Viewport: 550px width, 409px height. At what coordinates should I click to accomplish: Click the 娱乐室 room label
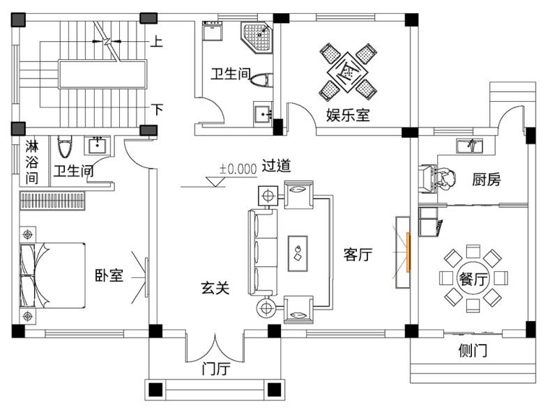(x=348, y=115)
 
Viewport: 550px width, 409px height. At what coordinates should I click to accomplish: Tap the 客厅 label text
(x=358, y=254)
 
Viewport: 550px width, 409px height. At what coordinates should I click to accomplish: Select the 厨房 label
(x=486, y=180)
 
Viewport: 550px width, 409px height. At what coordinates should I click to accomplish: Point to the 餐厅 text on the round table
(x=473, y=279)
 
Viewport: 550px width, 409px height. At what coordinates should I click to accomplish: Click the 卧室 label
(x=109, y=275)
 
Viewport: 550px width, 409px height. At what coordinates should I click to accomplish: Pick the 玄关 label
(x=215, y=288)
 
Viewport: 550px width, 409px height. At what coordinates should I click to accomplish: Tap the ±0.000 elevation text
(x=238, y=169)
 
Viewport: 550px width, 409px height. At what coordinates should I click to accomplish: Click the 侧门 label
(x=473, y=350)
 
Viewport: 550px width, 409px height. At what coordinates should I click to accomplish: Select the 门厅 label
(x=215, y=369)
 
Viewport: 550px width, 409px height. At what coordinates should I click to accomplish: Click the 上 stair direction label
(x=156, y=41)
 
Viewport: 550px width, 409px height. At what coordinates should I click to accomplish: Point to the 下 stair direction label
(x=157, y=109)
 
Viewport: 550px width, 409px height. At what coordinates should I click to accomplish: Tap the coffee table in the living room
(x=298, y=254)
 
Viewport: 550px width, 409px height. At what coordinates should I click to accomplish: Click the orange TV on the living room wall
(x=408, y=252)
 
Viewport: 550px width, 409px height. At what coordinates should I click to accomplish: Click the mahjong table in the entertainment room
(x=348, y=72)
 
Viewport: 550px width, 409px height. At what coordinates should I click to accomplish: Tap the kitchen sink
(x=469, y=146)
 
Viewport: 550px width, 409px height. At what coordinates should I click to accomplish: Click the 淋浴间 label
(x=31, y=162)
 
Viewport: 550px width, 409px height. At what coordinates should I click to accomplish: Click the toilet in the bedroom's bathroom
(x=65, y=146)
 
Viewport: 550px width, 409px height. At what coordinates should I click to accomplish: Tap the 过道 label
(x=277, y=165)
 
